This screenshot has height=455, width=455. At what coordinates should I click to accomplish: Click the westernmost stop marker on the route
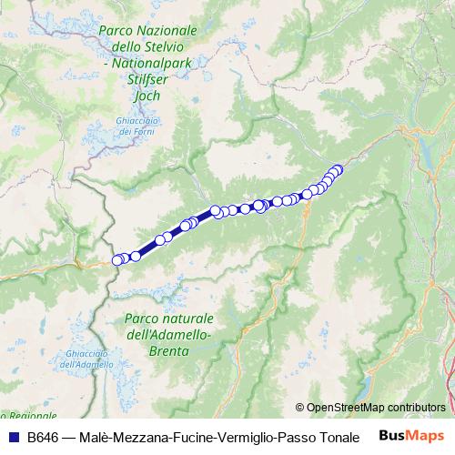point(116,260)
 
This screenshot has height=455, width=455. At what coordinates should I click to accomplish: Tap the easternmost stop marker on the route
point(339,168)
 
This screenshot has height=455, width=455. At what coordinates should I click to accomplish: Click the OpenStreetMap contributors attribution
point(376,408)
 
